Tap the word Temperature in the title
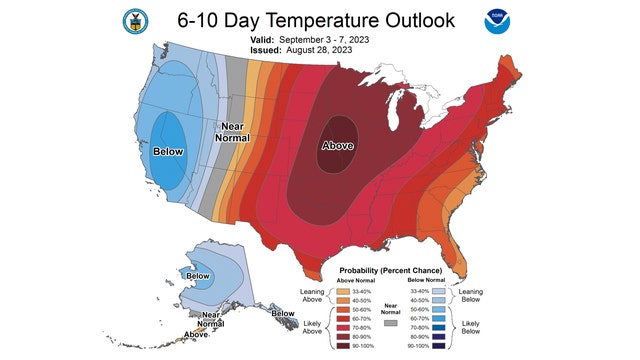pyautogui.click(x=318, y=19)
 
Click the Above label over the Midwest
pyautogui.click(x=337, y=146)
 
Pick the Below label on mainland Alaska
pyautogui.click(x=198, y=275)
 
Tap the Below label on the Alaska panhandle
pyautogui.click(x=284, y=313)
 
